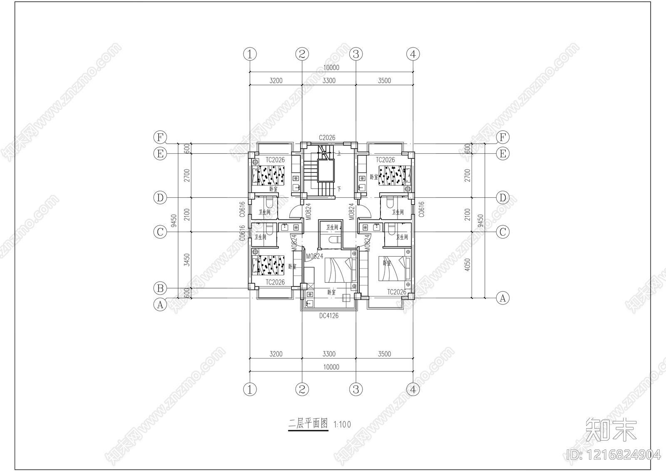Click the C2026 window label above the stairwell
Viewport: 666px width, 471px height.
pyautogui.click(x=327, y=137)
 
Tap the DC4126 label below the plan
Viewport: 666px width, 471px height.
pyautogui.click(x=329, y=316)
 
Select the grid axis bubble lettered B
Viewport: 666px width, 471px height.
pyautogui.click(x=160, y=288)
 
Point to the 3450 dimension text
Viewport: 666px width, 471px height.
pyautogui.click(x=187, y=260)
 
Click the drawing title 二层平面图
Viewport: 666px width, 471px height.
pyautogui.click(x=308, y=424)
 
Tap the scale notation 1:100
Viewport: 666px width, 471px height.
pyautogui.click(x=342, y=425)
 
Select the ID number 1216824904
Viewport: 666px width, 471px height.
pyautogui.click(x=614, y=454)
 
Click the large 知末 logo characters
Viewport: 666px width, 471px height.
pyautogui.click(x=611, y=429)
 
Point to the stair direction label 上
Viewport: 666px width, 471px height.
pyautogui.click(x=339, y=154)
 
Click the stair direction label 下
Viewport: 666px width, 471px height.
pyautogui.click(x=339, y=189)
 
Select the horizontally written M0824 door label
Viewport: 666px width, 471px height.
pyautogui.click(x=314, y=257)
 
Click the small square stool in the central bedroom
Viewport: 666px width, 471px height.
pyautogui.click(x=345, y=298)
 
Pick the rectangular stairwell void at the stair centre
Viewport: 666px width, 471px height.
pyautogui.click(x=326, y=170)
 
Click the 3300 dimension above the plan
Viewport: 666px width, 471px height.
pyautogui.click(x=329, y=81)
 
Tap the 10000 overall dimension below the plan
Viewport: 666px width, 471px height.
pyautogui.click(x=331, y=367)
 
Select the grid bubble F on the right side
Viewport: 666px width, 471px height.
pyautogui.click(x=503, y=137)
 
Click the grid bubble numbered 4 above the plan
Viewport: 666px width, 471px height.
pyautogui.click(x=413, y=54)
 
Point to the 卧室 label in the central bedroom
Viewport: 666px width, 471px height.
pyautogui.click(x=332, y=292)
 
